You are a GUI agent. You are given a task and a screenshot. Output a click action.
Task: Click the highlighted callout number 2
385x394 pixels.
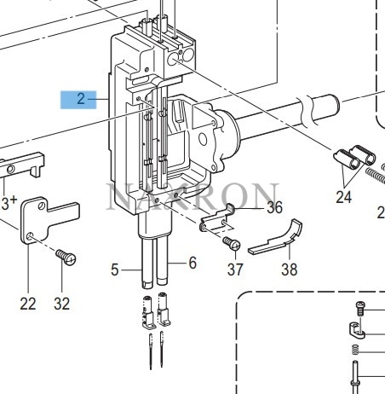(81, 98)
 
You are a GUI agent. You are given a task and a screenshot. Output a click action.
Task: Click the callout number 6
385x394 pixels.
(192, 264)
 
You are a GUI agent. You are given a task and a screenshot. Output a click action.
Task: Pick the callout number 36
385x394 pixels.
(273, 207)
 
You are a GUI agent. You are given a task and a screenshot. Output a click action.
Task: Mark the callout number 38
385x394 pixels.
(290, 269)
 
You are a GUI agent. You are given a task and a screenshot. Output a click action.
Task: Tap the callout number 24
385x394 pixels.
(343, 199)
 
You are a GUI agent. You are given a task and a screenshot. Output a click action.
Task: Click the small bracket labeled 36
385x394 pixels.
(218, 221)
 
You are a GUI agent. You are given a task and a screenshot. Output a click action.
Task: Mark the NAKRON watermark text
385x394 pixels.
(192, 196)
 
